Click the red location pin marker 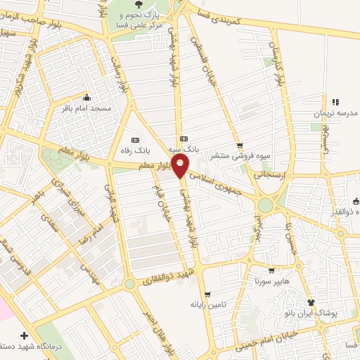tap(181, 167)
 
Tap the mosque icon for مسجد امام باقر tap(87, 97)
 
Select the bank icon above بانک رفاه tap(135, 139)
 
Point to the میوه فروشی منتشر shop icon tap(240, 146)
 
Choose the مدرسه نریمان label tap(340, 112)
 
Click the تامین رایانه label tap(206, 304)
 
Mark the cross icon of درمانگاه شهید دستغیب tap(25, 336)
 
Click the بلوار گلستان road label tap(278, 63)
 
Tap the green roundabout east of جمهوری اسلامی tap(265, 205)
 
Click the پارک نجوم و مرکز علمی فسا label tap(141, 19)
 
